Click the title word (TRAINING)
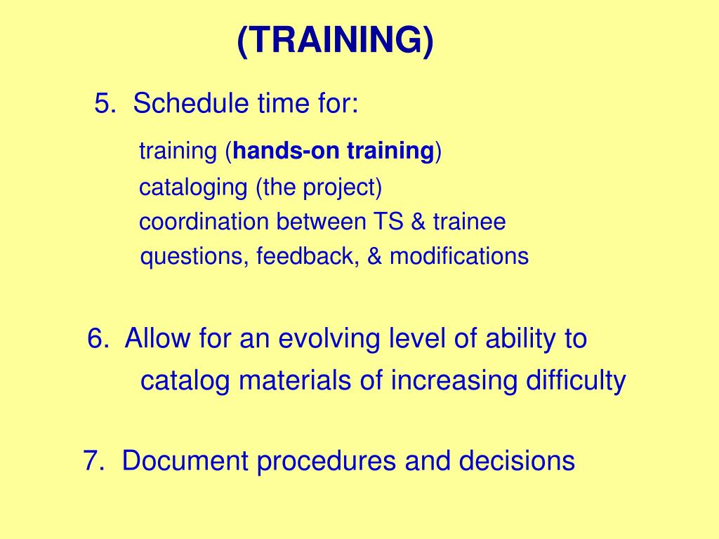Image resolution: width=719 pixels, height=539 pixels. pyautogui.click(x=335, y=42)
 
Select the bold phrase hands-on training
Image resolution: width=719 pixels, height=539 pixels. pyautogui.click(x=334, y=151)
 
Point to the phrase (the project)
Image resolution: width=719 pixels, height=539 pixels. pyautogui.click(x=319, y=188)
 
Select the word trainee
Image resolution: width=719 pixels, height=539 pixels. pyautogui.click(x=469, y=222)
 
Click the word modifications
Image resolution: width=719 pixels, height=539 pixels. pyautogui.click(x=459, y=256)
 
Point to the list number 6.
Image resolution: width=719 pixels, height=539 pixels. pyautogui.click(x=98, y=339)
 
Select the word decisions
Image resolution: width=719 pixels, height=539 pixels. pyautogui.click(x=517, y=462)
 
